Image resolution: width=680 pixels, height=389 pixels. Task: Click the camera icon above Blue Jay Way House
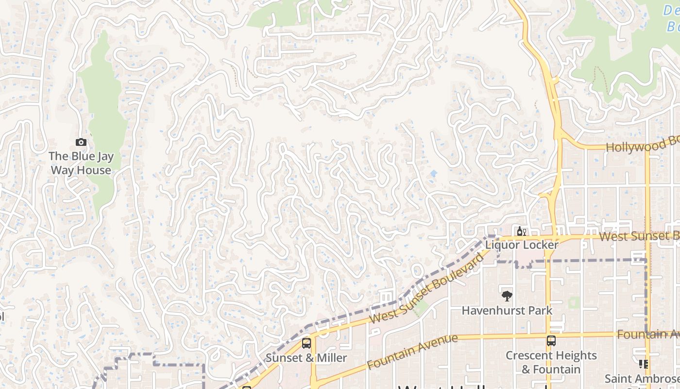click(81, 142)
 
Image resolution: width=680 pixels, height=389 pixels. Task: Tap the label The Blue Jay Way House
click(81, 163)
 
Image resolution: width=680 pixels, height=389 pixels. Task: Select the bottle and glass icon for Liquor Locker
click(521, 231)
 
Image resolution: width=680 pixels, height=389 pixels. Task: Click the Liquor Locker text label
click(522, 245)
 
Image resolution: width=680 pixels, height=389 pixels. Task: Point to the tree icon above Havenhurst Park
click(507, 296)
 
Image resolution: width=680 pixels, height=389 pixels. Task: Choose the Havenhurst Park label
click(507, 310)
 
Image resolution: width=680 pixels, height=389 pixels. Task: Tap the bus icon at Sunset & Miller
click(306, 343)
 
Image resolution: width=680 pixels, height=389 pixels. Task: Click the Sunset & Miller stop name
click(306, 358)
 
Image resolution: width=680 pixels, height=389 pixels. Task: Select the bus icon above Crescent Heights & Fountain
click(551, 341)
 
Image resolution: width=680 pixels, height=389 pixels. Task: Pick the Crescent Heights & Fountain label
click(551, 362)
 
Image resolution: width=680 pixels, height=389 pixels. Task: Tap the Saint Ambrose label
click(642, 378)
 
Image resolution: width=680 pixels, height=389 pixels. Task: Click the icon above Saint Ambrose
click(644, 364)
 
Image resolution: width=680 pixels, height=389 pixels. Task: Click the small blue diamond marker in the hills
click(434, 173)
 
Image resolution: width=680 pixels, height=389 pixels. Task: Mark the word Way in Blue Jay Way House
click(61, 170)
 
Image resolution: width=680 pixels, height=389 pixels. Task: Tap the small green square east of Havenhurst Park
click(574, 303)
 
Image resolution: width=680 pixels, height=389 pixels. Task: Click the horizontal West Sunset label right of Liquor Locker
click(639, 236)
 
